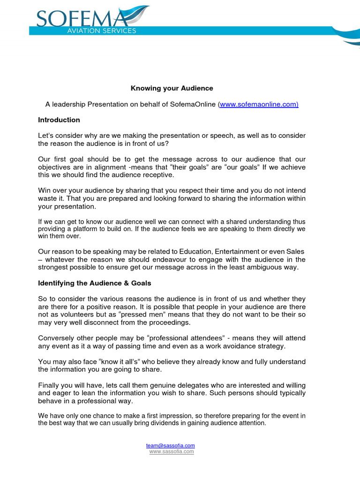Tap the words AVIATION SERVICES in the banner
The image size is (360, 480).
(108, 31)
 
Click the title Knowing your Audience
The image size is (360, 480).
(172, 88)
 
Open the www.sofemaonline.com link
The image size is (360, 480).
(259, 104)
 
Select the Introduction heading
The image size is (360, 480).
(59, 120)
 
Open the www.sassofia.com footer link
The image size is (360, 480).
(172, 451)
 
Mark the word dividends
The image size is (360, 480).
(151, 423)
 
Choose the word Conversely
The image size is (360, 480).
(56, 338)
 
